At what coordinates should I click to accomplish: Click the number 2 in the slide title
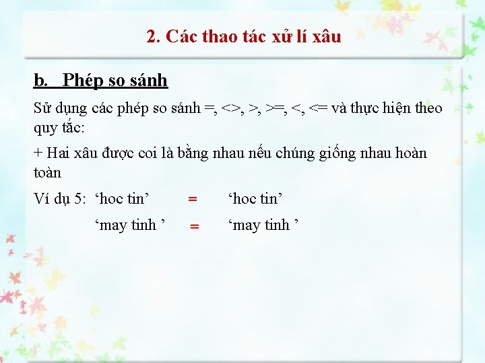point(151,36)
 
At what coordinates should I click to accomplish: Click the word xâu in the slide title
point(327,36)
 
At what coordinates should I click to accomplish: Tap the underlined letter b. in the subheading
point(41,81)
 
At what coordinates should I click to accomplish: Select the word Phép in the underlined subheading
point(82,81)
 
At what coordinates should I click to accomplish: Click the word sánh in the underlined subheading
point(148,81)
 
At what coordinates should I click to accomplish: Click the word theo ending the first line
point(428,108)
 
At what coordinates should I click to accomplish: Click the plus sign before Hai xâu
point(38,153)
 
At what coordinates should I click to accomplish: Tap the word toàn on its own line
point(47,172)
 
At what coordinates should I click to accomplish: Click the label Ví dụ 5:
point(60,198)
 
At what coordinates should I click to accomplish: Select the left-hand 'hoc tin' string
point(122,198)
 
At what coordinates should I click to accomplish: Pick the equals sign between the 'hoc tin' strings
point(193,199)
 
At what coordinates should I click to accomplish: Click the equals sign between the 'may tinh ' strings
point(194,227)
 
